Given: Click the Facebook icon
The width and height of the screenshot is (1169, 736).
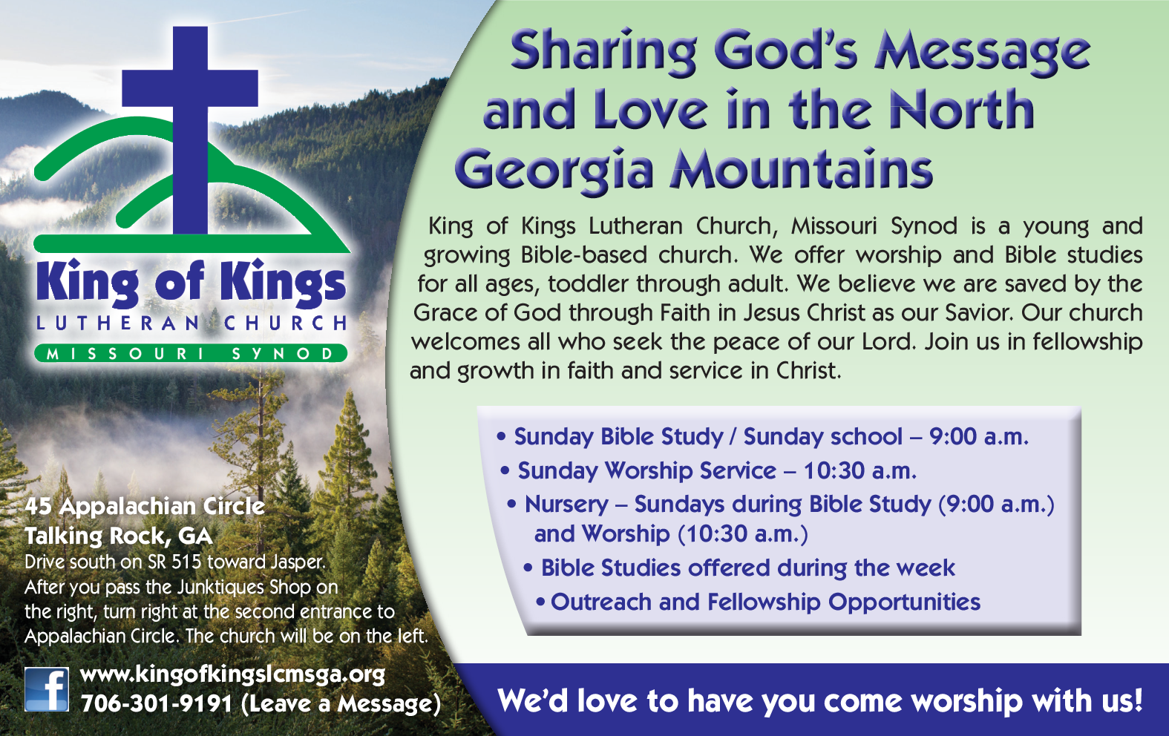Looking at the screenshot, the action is pyautogui.click(x=47, y=689).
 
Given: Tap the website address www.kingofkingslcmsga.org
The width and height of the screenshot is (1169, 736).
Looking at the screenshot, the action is pyautogui.click(x=233, y=674).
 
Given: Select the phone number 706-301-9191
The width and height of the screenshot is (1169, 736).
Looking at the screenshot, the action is pyautogui.click(x=156, y=703).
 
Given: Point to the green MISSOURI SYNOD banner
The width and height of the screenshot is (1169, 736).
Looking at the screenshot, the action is pyautogui.click(x=191, y=353).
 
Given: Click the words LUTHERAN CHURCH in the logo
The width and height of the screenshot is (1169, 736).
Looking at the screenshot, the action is pyautogui.click(x=191, y=323).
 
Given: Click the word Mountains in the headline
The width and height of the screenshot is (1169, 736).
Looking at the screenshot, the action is pyautogui.click(x=801, y=168).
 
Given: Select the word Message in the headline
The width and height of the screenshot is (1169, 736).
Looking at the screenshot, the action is pyautogui.click(x=982, y=51).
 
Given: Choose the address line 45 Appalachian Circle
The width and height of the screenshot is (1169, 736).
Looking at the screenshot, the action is pyautogui.click(x=145, y=506).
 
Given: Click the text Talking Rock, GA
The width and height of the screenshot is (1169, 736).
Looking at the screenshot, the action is pyautogui.click(x=119, y=536).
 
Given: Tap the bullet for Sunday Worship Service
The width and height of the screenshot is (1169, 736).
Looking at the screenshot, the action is pyautogui.click(x=505, y=470).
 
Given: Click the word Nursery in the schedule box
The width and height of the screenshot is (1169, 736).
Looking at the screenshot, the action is pyautogui.click(x=566, y=505).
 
